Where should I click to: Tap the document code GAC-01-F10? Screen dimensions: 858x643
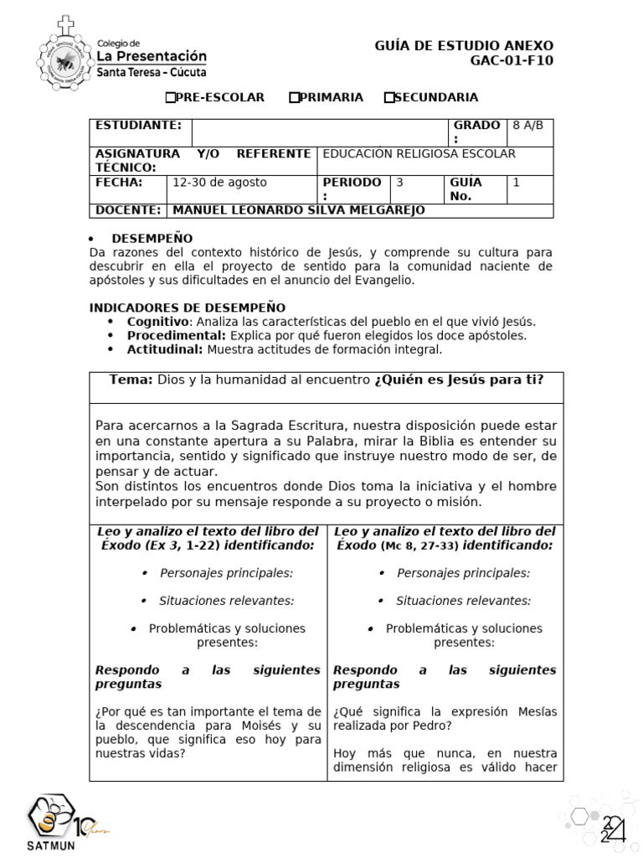(x=512, y=60)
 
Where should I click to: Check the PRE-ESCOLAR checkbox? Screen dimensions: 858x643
(x=170, y=98)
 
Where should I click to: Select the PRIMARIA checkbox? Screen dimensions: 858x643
(x=294, y=98)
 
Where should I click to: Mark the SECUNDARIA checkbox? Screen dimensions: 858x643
(x=388, y=98)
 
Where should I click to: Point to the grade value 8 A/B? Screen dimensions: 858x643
(x=527, y=126)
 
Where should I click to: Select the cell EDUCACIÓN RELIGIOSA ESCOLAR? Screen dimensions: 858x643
(x=419, y=154)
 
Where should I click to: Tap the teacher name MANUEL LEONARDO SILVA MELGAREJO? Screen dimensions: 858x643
(x=298, y=210)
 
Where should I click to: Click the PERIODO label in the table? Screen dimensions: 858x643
(x=352, y=183)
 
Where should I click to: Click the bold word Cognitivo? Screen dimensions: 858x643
(x=157, y=322)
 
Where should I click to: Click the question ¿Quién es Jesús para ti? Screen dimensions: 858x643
(x=459, y=380)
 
